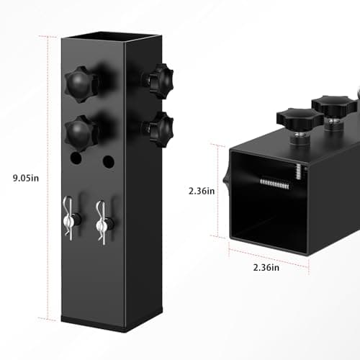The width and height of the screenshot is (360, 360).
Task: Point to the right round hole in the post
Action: (108, 161)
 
